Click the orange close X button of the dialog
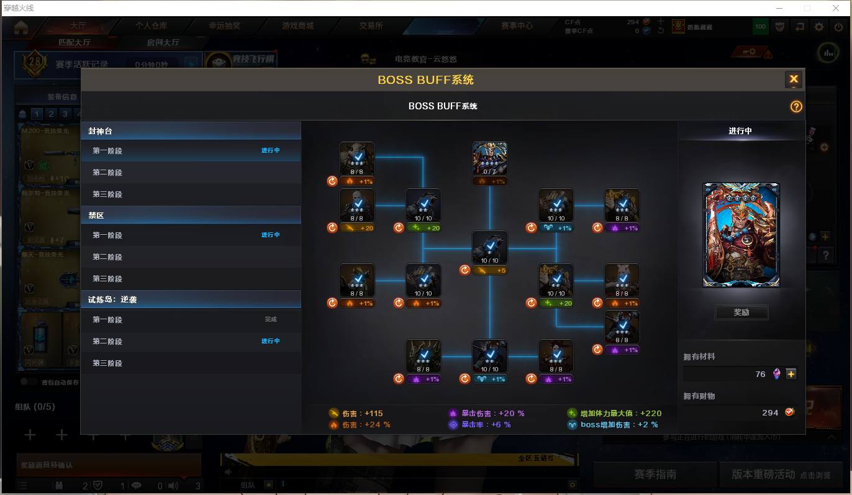[x=793, y=79]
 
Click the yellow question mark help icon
[x=796, y=107]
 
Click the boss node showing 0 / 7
[x=489, y=159]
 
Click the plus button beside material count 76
[x=791, y=374]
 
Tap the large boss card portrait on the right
[x=741, y=235]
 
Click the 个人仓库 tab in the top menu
[x=151, y=26]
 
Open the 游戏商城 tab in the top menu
[x=298, y=26]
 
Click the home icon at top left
[x=22, y=27]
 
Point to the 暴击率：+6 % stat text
[x=480, y=425]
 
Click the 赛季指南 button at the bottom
[x=655, y=475]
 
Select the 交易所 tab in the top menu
[x=371, y=26]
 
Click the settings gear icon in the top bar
[x=819, y=27]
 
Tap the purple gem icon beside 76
[x=776, y=374]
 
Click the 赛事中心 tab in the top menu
[x=517, y=26]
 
